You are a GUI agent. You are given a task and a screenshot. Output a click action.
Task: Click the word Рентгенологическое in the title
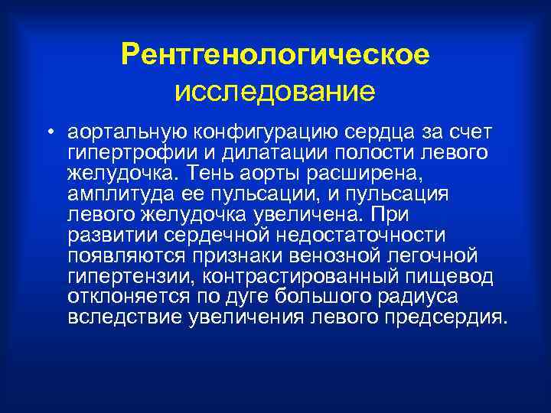point(275,54)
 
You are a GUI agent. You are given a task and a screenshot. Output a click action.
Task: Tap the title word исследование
point(275,92)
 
